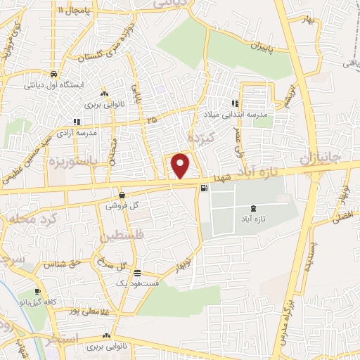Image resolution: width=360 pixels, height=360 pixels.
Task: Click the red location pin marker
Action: pyautogui.click(x=181, y=166)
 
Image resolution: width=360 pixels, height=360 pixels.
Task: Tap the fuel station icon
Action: pyautogui.click(x=204, y=188)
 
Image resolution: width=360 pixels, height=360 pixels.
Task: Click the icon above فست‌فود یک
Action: pyautogui.click(x=138, y=273)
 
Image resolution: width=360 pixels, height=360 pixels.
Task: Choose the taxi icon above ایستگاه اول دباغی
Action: pyautogui.click(x=53, y=73)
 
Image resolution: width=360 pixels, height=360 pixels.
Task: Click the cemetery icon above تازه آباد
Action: pyautogui.click(x=253, y=208)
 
